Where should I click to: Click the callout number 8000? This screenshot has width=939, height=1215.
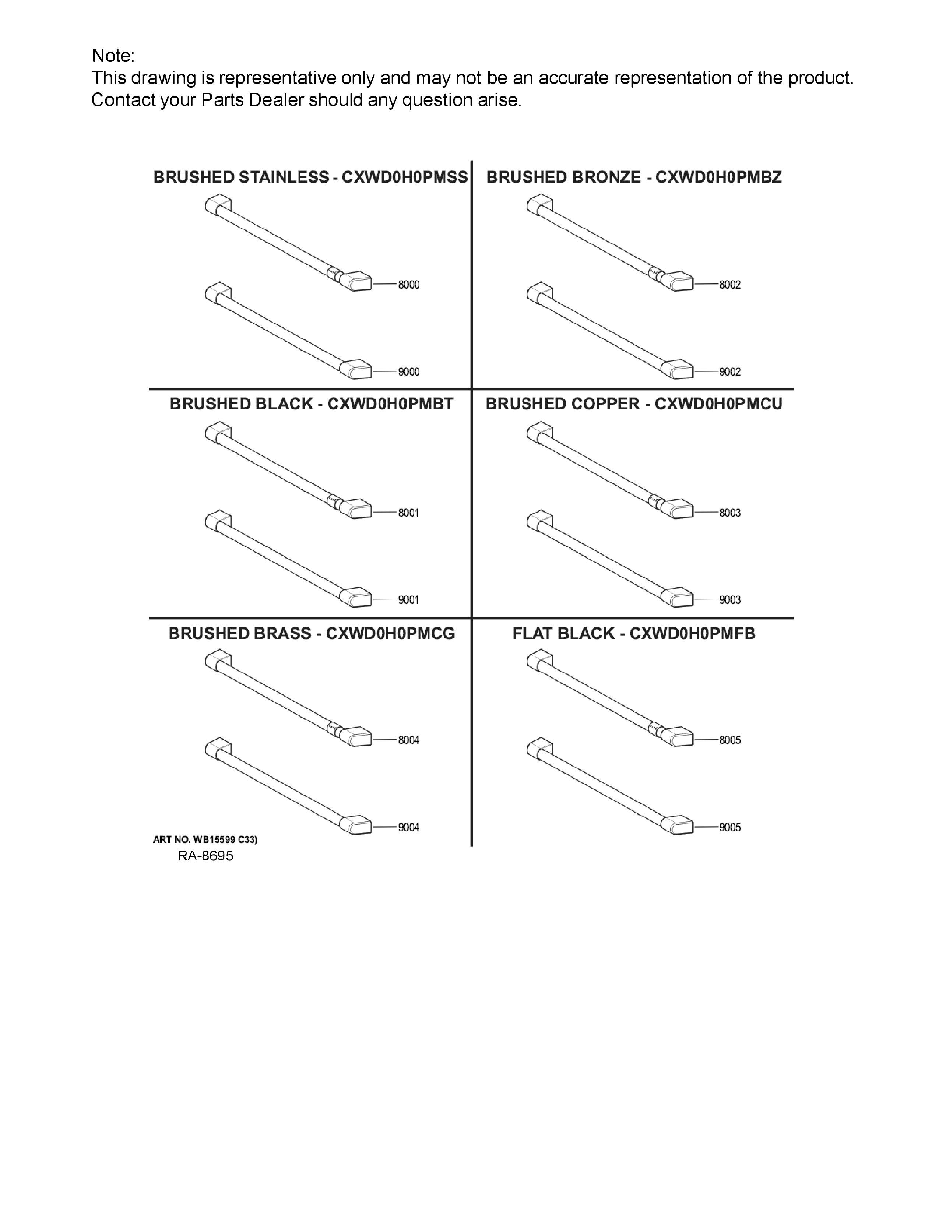pos(408,285)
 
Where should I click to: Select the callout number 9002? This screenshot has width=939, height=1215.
pos(730,371)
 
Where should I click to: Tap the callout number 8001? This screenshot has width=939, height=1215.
pos(408,513)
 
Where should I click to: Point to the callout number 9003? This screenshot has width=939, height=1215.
pos(730,600)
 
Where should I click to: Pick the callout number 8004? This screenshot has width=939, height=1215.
pos(408,740)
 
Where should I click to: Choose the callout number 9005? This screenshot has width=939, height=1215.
pos(730,827)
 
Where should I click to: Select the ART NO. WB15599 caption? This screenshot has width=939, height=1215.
pos(205,839)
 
